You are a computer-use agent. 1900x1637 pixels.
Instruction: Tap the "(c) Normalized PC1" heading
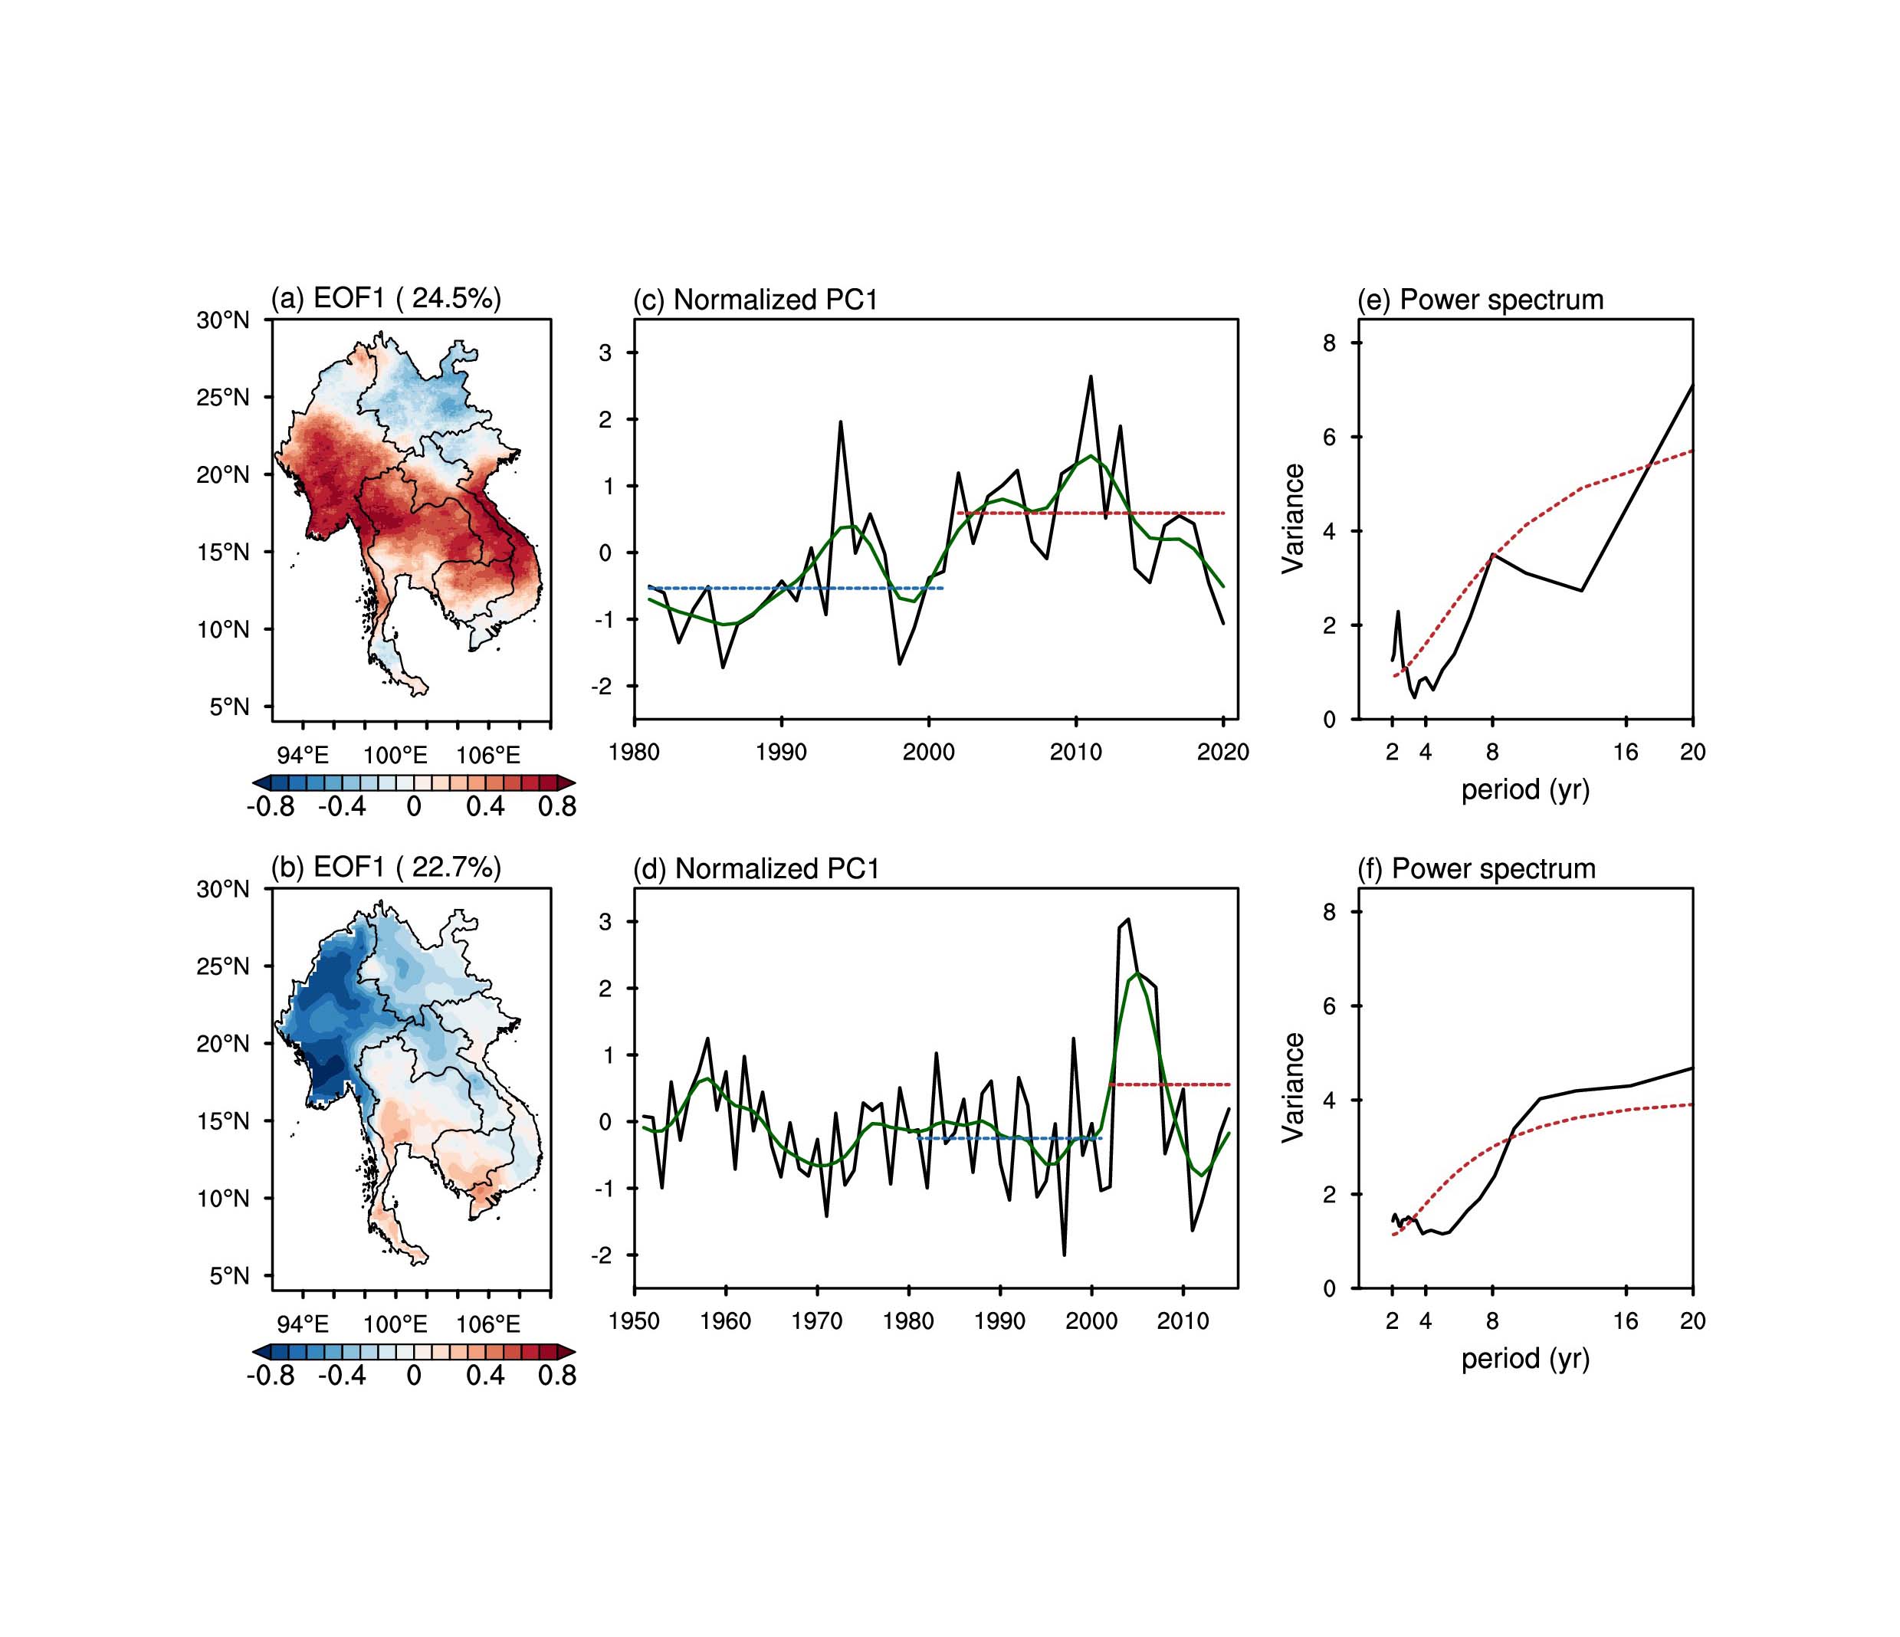point(756,300)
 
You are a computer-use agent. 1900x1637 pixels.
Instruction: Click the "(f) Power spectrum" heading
point(1476,868)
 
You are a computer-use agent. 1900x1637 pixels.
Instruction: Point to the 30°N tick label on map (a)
point(222,320)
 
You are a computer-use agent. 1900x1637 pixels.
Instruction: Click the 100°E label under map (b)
point(395,1324)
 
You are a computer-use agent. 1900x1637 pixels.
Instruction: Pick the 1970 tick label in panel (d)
point(816,1321)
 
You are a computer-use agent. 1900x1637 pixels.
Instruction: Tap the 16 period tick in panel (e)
point(1625,753)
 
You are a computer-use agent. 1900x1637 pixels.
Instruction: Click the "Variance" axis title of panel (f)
point(1294,1087)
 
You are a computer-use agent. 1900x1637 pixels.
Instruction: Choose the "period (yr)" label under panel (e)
point(1525,789)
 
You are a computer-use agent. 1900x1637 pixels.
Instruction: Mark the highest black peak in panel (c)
point(1091,377)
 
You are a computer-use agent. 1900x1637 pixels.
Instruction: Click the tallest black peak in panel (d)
point(1128,919)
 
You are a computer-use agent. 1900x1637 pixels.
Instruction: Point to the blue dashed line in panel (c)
point(798,588)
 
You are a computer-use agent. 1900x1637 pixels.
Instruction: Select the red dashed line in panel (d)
point(1169,1085)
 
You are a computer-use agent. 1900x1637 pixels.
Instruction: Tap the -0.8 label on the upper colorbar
point(271,807)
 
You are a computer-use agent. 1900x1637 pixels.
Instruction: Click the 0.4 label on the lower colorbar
point(485,1376)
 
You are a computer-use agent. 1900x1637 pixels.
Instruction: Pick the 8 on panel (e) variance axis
point(1329,343)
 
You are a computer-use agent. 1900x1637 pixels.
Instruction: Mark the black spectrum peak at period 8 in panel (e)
point(1493,554)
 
